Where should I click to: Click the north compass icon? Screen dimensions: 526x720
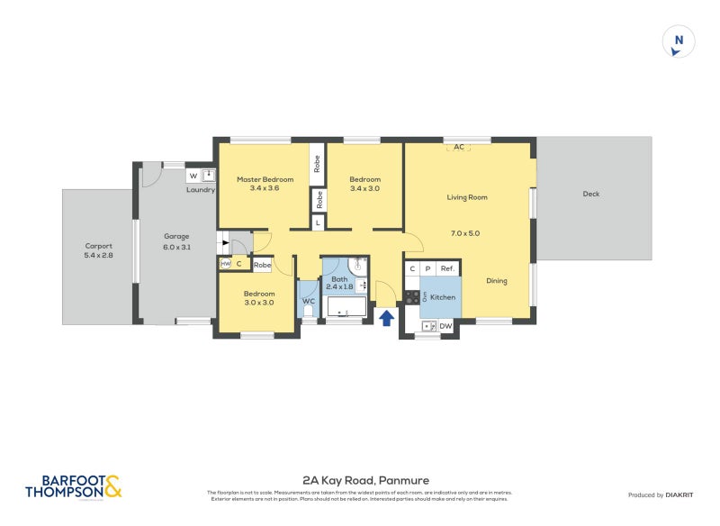point(679,42)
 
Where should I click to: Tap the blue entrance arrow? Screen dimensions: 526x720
point(387,317)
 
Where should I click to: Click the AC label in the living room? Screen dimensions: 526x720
point(458,147)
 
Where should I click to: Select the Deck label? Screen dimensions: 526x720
point(590,194)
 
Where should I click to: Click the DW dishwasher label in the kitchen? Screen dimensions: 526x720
point(445,326)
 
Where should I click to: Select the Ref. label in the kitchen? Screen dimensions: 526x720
point(447,268)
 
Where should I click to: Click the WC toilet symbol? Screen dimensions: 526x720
point(308,312)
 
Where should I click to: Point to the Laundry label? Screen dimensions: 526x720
point(200,190)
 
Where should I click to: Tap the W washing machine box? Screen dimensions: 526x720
point(193,176)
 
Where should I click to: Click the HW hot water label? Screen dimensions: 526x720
point(225,264)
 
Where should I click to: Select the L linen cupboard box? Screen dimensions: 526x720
point(317,222)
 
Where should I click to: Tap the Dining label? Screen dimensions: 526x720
point(496,281)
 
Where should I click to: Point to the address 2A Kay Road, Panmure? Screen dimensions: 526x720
point(359,480)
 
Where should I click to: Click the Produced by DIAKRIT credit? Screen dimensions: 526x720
point(659,494)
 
